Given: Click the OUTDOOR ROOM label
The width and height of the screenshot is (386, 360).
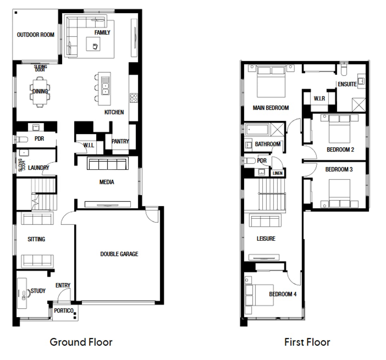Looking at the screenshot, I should point(35,35).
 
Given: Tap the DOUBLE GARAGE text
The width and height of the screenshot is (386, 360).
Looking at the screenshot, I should point(119,254).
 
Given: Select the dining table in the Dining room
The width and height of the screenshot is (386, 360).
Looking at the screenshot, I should point(40,92).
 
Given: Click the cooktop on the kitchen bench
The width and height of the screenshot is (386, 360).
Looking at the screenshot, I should point(133,98).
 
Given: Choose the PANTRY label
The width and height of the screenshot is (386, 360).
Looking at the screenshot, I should point(120,141).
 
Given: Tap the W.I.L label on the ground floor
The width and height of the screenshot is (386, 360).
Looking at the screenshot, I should point(88,146).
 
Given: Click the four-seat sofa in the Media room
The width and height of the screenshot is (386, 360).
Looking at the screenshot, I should point(107,164).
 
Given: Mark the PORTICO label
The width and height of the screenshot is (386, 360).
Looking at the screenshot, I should point(64,311).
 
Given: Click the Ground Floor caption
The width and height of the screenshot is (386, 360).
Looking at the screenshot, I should point(81,342).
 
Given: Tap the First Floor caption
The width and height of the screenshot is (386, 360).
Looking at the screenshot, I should point(307,342).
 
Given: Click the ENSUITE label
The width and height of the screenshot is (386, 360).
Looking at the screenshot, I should point(347,84).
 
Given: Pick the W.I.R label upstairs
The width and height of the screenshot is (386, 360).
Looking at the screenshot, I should point(319,98).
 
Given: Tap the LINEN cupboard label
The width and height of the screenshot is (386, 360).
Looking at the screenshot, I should point(277,173).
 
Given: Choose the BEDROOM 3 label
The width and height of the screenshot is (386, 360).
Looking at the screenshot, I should point(339,170).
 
